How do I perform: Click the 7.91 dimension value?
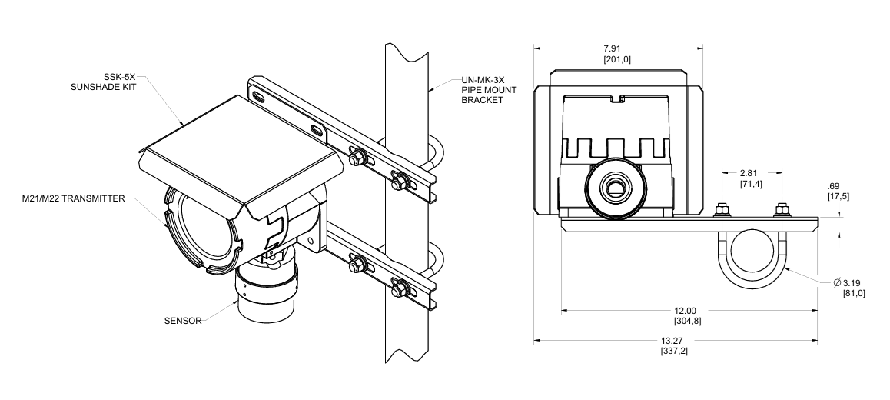(x=619, y=49)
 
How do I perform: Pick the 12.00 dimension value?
(x=689, y=311)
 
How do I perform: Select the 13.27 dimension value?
(x=676, y=341)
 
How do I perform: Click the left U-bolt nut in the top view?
(x=722, y=209)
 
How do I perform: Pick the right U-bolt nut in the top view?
(x=782, y=209)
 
